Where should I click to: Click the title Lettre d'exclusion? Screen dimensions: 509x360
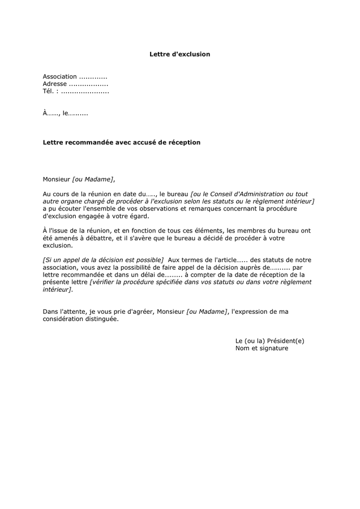[x=179, y=54]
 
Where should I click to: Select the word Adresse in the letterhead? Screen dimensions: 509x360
[x=55, y=84]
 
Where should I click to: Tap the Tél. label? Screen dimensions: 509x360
[x=49, y=91]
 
